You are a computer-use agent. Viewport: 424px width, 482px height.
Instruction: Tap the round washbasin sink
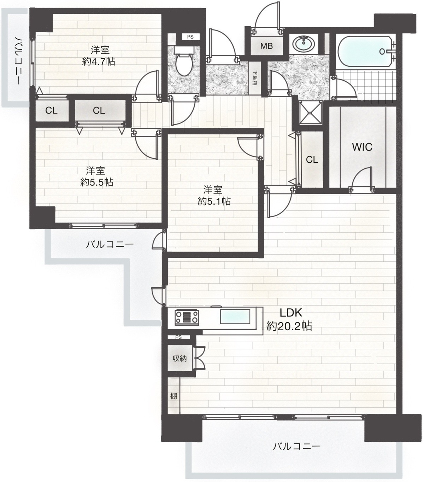pos(304,43)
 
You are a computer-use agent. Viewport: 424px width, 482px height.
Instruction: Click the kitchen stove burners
pos(187,317)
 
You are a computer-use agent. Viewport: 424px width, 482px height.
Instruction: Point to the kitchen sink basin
pos(235,317)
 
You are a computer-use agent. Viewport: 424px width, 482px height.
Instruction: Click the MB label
pos(266,46)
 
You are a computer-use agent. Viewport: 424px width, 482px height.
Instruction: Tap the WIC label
pos(362,147)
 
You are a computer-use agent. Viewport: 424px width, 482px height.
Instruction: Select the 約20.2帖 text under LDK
pos(289,326)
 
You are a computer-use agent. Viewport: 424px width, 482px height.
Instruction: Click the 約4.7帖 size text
pos(99,62)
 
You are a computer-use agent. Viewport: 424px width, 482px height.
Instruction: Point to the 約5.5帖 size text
pos(97,182)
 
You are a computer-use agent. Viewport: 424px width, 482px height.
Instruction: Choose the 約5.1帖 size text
pos(214,202)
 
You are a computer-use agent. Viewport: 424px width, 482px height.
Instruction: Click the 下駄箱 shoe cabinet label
pos(255,78)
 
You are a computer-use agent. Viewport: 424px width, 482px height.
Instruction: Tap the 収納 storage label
pos(179,358)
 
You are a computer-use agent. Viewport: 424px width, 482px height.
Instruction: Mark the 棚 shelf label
pos(173,396)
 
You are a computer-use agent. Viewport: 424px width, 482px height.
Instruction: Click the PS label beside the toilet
pos(190,37)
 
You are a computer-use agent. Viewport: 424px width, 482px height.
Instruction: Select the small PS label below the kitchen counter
pos(178,337)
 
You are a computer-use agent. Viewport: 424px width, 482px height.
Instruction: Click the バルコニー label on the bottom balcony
pos(296,446)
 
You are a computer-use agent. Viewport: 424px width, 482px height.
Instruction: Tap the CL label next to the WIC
pos(312,159)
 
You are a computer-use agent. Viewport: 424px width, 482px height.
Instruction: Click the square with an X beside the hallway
pos(310,112)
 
